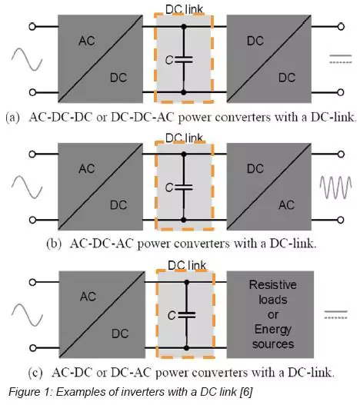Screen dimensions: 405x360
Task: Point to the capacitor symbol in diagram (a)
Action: (x=183, y=60)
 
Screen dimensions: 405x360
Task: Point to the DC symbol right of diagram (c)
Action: (x=335, y=314)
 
